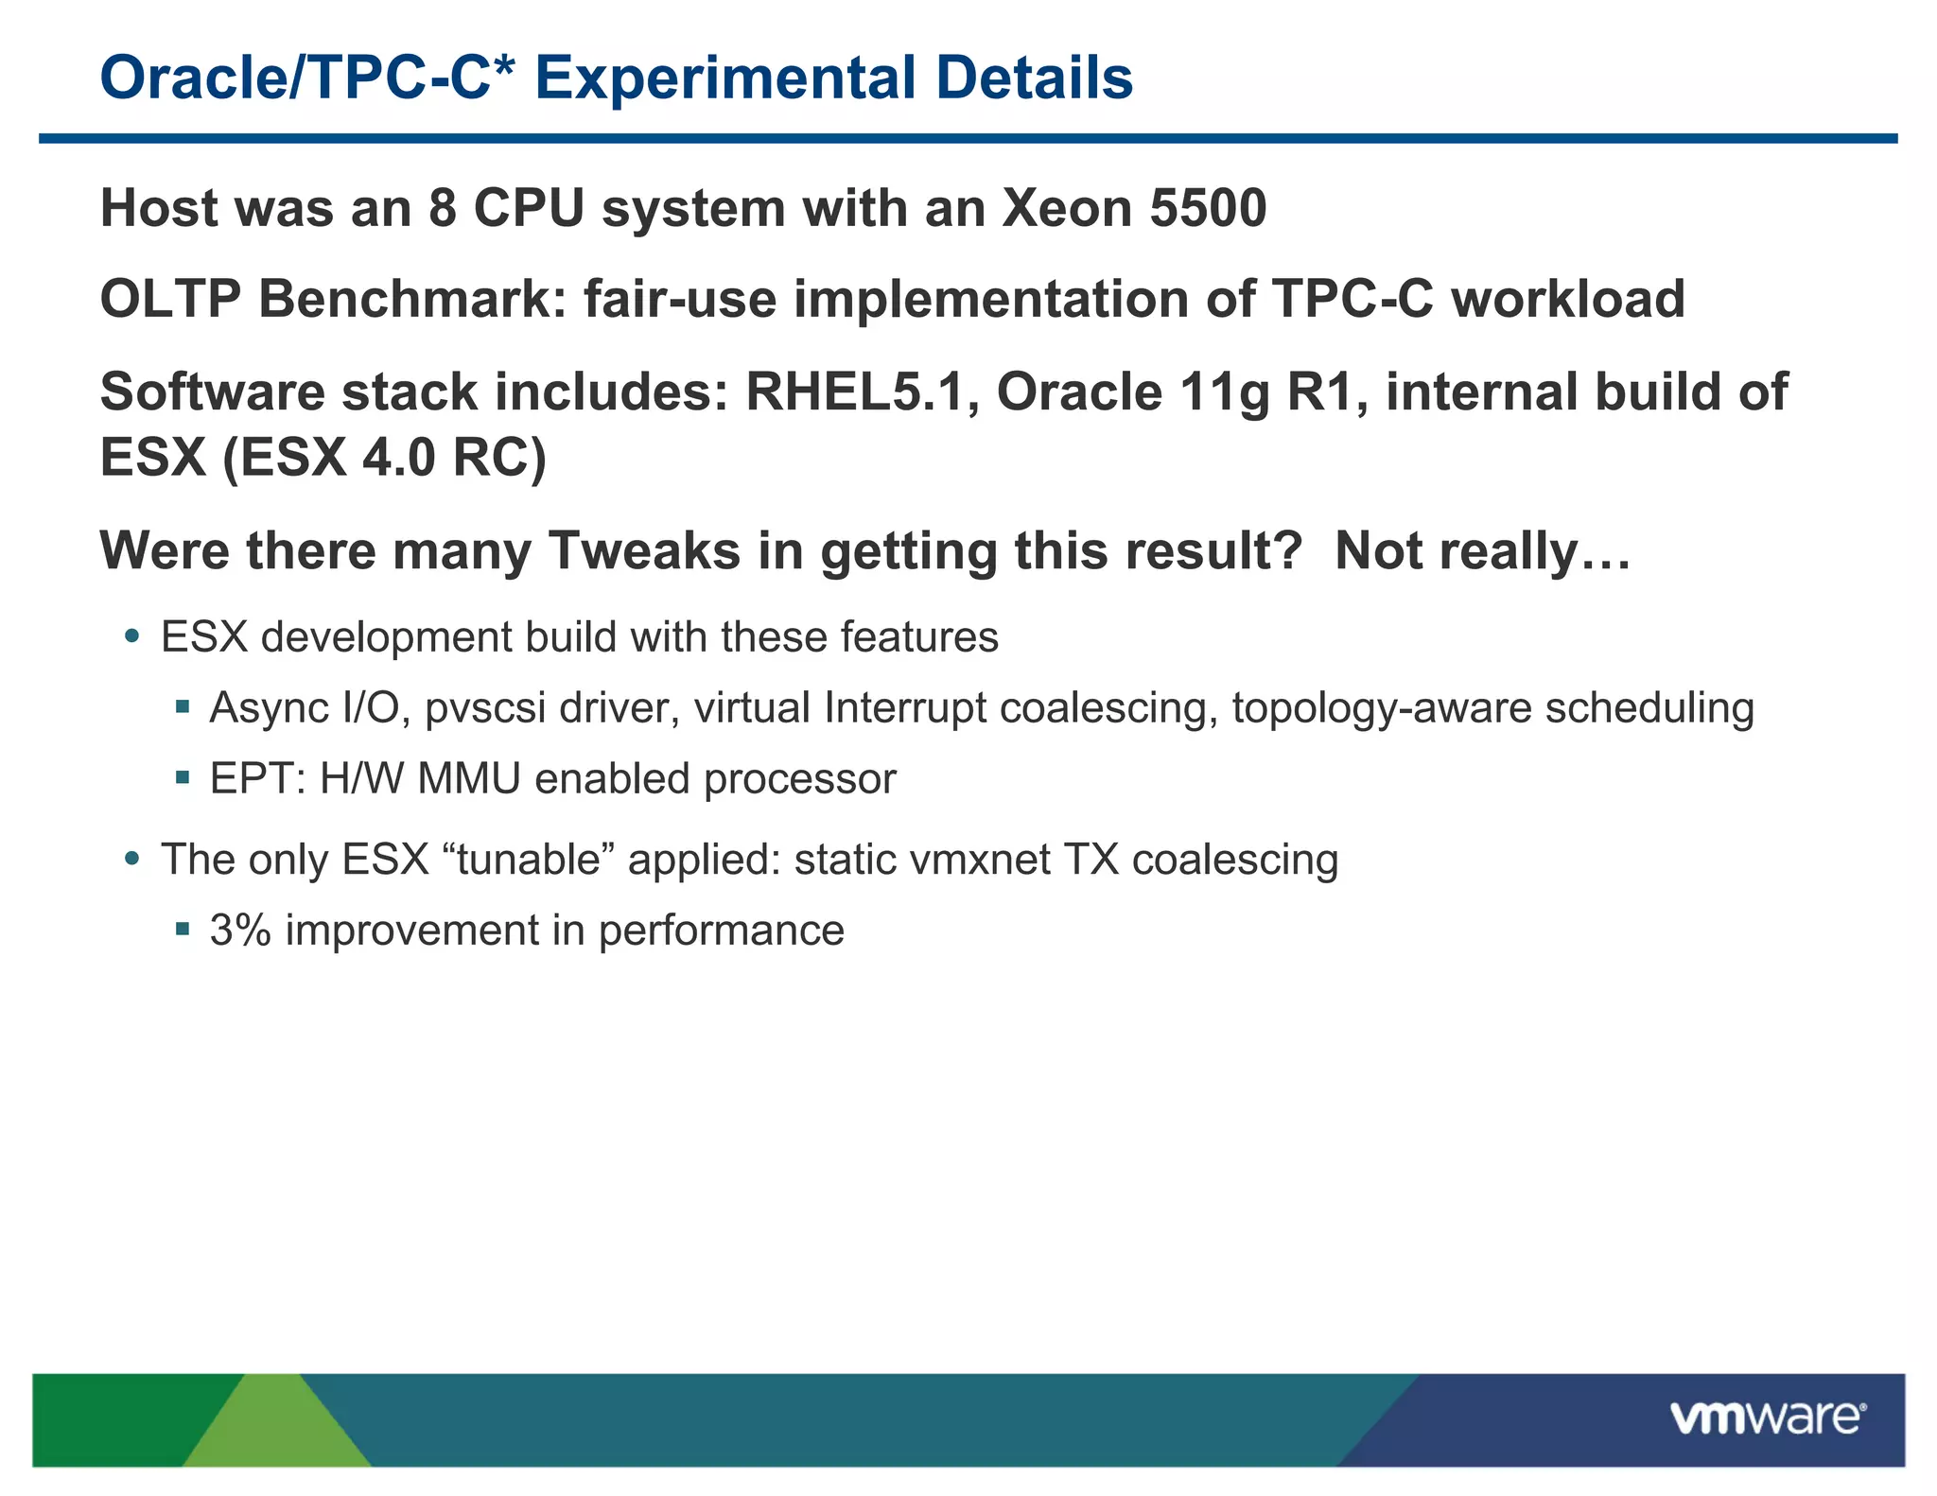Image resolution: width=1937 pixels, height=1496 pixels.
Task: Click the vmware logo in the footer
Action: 1767,1418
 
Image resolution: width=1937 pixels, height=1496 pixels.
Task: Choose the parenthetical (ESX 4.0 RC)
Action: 384,458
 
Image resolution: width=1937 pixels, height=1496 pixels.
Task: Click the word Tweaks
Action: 645,550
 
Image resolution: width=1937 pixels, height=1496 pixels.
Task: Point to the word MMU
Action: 469,779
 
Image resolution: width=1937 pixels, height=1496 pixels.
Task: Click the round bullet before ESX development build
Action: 132,636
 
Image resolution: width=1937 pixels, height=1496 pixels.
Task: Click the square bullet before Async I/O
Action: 183,706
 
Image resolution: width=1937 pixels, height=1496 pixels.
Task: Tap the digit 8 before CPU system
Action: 442,208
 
